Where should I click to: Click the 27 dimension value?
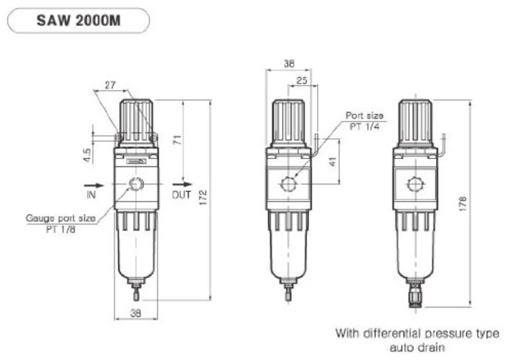[111, 85]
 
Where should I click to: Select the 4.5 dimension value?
[86, 155]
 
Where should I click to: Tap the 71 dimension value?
[177, 142]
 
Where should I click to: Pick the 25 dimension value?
[302, 81]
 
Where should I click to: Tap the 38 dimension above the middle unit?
[288, 63]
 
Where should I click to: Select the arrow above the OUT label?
[179, 184]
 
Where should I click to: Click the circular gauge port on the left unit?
[135, 186]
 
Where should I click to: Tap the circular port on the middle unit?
[288, 184]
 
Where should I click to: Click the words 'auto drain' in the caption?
[416, 346]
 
